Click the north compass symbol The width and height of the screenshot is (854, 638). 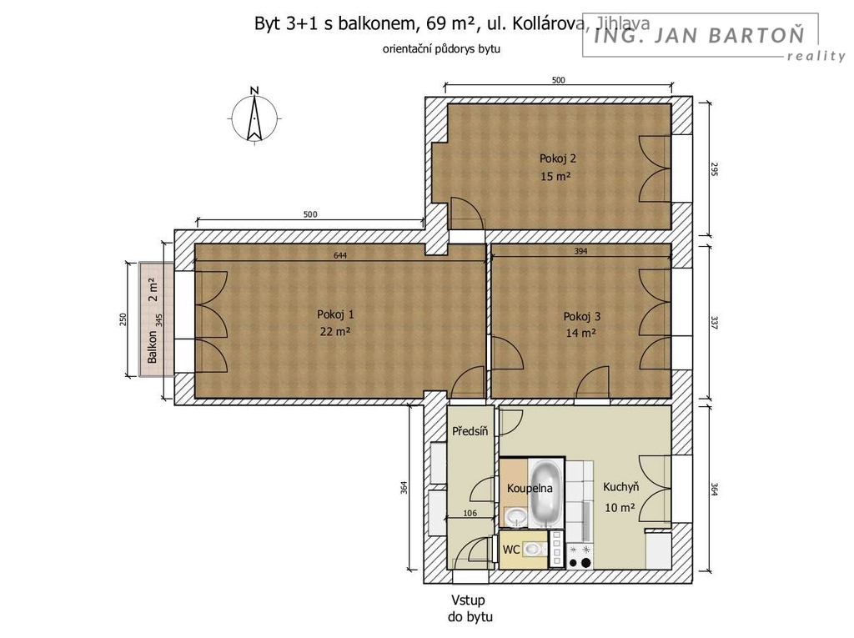254,117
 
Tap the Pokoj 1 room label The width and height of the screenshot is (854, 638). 335,314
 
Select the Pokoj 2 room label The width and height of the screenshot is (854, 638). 558,158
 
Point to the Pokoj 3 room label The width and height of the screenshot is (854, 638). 581,317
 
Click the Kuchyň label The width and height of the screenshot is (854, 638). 620,487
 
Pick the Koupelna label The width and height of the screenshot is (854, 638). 530,489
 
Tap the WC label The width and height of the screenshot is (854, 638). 511,550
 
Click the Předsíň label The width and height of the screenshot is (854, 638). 470,431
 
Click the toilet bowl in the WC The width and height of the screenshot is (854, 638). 535,550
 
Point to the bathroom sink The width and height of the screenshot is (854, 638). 515,517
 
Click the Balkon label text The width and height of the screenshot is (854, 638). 153,347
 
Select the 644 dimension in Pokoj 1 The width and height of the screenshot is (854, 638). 340,255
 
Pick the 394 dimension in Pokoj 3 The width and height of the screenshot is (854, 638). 580,251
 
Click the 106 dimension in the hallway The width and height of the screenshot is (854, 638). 470,513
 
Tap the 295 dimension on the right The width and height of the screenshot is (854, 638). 715,169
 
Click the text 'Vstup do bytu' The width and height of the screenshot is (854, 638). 470,609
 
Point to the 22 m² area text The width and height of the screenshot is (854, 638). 335,331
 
